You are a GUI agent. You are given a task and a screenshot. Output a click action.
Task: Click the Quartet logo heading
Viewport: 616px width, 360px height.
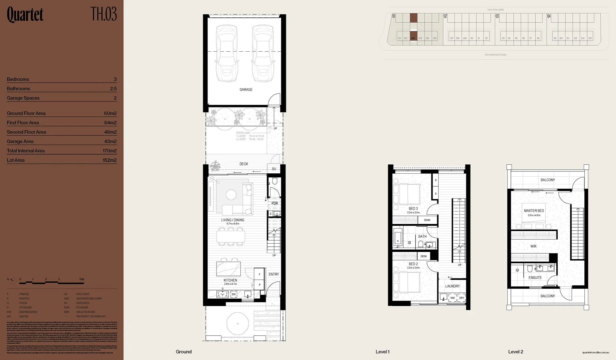pos(25,15)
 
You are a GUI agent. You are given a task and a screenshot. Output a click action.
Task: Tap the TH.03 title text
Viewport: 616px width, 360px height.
pos(104,14)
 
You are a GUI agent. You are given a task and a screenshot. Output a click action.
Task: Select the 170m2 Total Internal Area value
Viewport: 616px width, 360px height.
pos(109,151)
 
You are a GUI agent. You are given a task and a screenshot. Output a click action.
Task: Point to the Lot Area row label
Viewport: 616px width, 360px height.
pos(16,160)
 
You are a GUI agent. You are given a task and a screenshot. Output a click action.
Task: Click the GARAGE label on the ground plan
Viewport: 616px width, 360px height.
pos(246,89)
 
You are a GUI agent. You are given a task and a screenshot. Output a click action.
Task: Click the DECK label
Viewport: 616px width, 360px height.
pos(243,164)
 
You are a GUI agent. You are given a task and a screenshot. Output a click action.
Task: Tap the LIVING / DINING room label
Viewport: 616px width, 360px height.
pos(232,220)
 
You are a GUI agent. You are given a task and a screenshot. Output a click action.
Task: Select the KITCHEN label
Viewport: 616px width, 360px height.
pos(230,280)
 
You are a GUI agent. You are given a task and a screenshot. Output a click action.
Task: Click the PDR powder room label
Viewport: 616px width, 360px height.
pos(274,203)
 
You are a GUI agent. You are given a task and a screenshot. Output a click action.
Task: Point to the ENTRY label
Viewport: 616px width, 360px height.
pos(273,274)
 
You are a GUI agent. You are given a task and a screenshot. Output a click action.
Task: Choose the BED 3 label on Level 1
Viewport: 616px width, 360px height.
pos(413,209)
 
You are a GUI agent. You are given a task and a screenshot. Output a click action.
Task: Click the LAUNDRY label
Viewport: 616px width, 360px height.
pos(452,286)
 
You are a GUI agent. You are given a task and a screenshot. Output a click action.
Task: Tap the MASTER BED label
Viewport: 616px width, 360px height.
pos(534,211)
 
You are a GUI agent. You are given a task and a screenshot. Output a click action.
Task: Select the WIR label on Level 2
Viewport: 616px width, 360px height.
pos(533,246)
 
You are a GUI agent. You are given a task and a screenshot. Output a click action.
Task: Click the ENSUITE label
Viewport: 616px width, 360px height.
pos(535,277)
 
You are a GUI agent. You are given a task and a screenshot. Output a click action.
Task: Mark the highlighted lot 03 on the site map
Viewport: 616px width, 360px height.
pos(413,38)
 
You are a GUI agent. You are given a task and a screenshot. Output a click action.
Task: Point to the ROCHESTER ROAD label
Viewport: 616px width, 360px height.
pos(495,55)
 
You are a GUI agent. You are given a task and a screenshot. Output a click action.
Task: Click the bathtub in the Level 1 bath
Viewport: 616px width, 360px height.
pos(398,237)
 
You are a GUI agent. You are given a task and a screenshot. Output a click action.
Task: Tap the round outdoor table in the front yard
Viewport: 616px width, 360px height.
pos(237,323)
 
